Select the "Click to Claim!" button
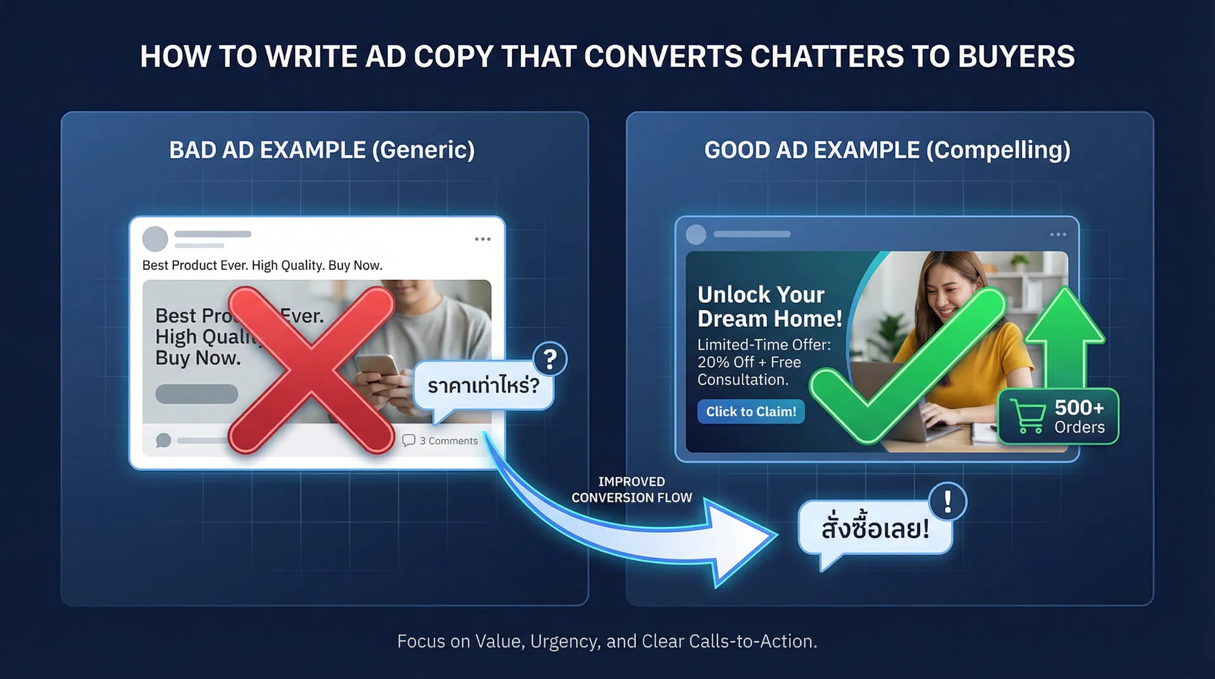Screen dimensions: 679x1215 (751, 412)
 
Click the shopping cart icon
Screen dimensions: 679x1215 (1028, 416)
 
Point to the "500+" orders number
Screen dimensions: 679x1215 (1079, 407)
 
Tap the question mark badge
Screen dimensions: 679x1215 (550, 360)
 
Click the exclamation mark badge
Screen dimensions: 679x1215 (947, 502)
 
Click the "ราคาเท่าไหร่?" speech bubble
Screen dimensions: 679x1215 (483, 385)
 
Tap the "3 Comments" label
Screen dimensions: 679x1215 (448, 441)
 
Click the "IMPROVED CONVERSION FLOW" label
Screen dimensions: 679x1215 (632, 490)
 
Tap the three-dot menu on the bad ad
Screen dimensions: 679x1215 (483, 239)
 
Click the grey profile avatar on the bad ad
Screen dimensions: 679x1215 (155, 239)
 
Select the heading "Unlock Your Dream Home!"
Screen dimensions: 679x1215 (769, 307)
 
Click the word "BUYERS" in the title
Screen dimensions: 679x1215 (1016, 56)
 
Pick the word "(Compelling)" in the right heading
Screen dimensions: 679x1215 (998, 150)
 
